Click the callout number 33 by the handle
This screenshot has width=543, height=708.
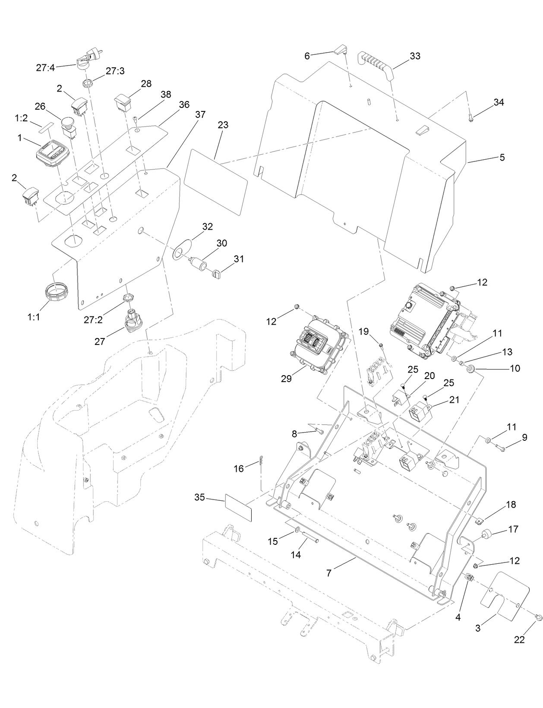415,56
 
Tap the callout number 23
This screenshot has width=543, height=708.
223,125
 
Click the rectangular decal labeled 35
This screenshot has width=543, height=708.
238,509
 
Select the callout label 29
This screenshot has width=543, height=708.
286,379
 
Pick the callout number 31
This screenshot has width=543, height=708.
239,259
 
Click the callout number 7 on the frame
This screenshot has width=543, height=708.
329,573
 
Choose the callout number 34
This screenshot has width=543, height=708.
499,102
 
